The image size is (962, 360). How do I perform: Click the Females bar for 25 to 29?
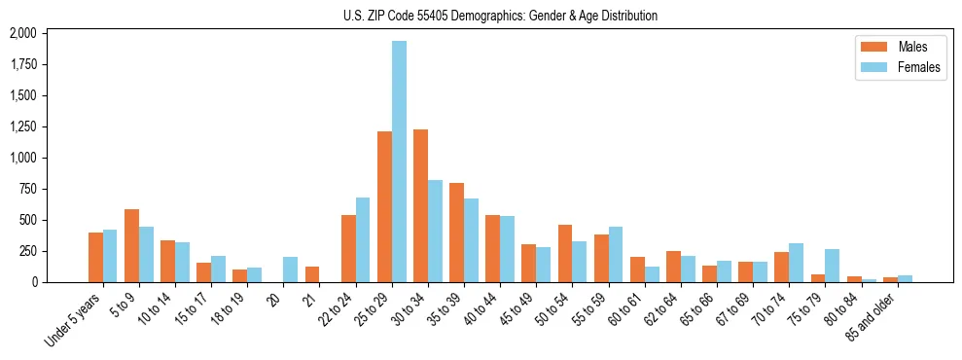pos(399,162)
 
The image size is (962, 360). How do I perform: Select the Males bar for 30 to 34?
pos(420,205)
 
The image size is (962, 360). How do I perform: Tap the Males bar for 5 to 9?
pos(131,245)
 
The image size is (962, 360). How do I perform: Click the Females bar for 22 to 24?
pos(363,239)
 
